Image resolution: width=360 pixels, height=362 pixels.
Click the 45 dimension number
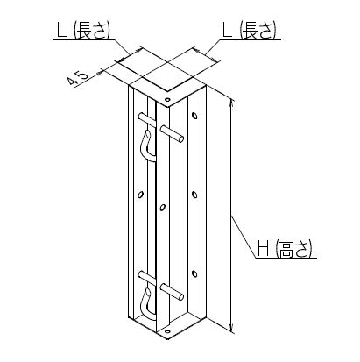(77, 78)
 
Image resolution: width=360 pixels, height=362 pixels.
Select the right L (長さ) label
(249, 30)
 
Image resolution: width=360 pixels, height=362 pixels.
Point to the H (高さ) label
(285, 248)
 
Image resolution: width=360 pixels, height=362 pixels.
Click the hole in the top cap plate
(167, 99)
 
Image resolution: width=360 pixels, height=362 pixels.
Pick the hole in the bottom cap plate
(167, 331)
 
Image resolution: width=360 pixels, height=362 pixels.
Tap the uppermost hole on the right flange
(194, 115)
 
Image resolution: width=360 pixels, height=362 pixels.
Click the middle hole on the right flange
(194, 195)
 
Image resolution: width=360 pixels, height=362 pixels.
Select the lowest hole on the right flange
(194, 273)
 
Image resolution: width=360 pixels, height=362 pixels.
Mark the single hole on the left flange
(141, 194)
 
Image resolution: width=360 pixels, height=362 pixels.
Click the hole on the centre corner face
(162, 208)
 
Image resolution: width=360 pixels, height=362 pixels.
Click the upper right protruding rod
(173, 133)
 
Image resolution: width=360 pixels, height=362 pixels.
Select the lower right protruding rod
(173, 291)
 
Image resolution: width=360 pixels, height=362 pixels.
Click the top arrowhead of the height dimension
(232, 103)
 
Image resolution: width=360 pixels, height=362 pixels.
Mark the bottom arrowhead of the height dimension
(232, 328)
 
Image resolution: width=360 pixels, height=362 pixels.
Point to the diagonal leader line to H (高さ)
(244, 237)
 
